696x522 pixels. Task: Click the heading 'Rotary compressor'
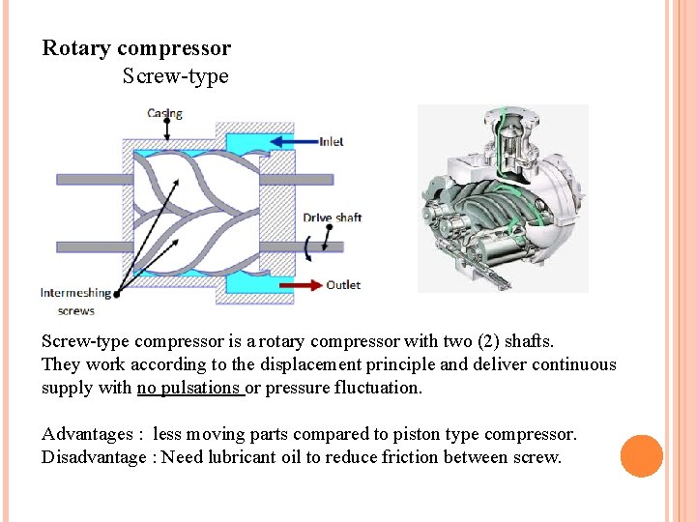tap(136, 48)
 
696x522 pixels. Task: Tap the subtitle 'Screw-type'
tap(175, 76)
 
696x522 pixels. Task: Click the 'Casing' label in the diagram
tap(164, 114)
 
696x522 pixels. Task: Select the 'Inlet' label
tap(331, 142)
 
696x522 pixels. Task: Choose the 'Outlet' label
tap(342, 285)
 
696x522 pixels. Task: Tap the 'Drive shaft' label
tap(332, 217)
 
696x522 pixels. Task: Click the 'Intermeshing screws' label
tap(75, 302)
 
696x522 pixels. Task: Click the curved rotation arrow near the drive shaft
tap(308, 247)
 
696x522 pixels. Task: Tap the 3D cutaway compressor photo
tap(503, 198)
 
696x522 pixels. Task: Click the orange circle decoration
tap(641, 455)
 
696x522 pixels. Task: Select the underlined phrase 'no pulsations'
tap(188, 388)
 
